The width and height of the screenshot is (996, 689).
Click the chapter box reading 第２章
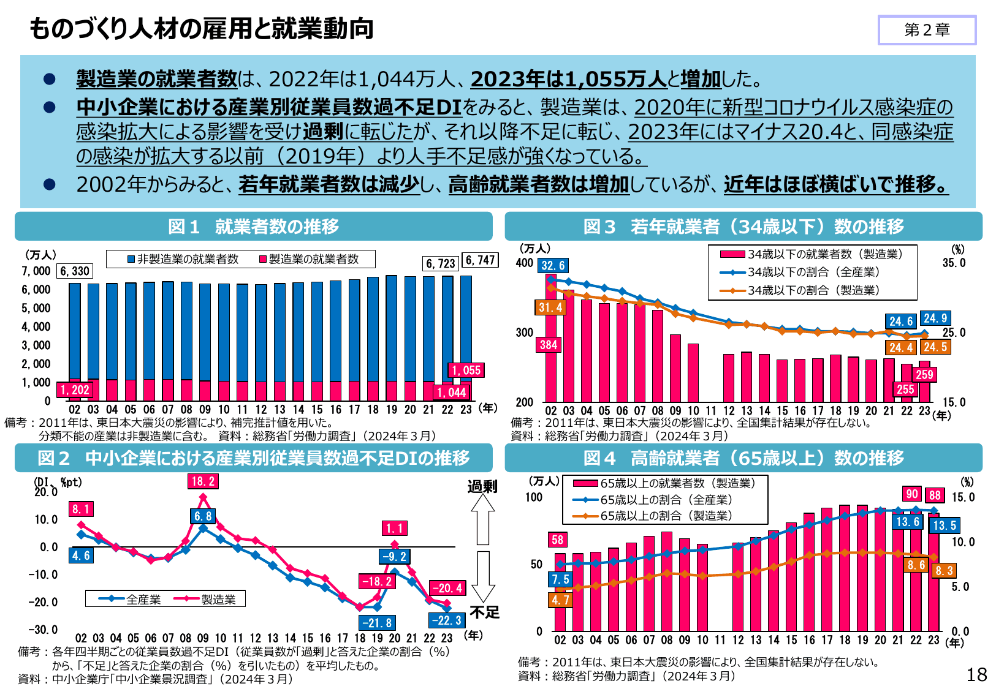(927, 30)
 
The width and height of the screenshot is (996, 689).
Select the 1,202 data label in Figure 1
(75, 390)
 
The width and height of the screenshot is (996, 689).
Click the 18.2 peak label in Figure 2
(203, 481)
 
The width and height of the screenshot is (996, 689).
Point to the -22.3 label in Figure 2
(446, 620)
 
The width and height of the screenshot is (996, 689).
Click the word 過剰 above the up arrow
(482, 487)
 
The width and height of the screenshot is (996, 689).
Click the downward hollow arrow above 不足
(483, 576)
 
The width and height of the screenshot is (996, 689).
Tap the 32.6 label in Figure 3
(553, 265)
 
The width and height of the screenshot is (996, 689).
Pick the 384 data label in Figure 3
(549, 345)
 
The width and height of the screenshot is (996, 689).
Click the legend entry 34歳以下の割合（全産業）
(813, 272)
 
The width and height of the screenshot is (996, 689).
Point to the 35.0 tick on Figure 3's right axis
(954, 263)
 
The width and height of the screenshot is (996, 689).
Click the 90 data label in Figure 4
(913, 494)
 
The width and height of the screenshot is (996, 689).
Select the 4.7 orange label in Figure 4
(560, 600)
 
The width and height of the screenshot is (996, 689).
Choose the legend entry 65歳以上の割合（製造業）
(666, 516)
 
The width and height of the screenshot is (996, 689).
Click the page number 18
(976, 674)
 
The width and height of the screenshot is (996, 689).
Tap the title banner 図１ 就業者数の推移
(254, 227)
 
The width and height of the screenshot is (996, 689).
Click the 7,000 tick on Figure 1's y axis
(36, 271)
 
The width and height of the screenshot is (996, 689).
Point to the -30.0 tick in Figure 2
(42, 630)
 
